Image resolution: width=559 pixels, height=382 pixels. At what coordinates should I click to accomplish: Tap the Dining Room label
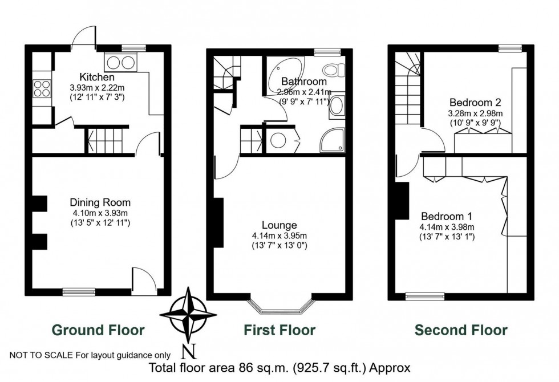tap(100, 202)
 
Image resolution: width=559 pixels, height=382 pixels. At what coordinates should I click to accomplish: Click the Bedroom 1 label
tap(447, 217)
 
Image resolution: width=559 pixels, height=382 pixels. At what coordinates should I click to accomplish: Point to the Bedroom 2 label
tap(475, 103)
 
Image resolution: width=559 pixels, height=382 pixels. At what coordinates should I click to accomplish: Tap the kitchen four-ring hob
tap(41, 88)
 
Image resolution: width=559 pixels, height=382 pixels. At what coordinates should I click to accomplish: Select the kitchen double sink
tap(120, 62)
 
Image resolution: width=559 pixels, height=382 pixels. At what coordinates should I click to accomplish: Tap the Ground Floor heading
tap(98, 330)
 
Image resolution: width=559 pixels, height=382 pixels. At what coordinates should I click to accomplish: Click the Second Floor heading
tap(460, 330)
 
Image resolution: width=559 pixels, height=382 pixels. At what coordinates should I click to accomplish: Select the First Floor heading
tap(279, 330)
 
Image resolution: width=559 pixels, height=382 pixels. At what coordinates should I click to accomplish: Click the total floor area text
tap(279, 368)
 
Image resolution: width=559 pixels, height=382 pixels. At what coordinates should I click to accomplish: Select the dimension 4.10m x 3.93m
tap(100, 213)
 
